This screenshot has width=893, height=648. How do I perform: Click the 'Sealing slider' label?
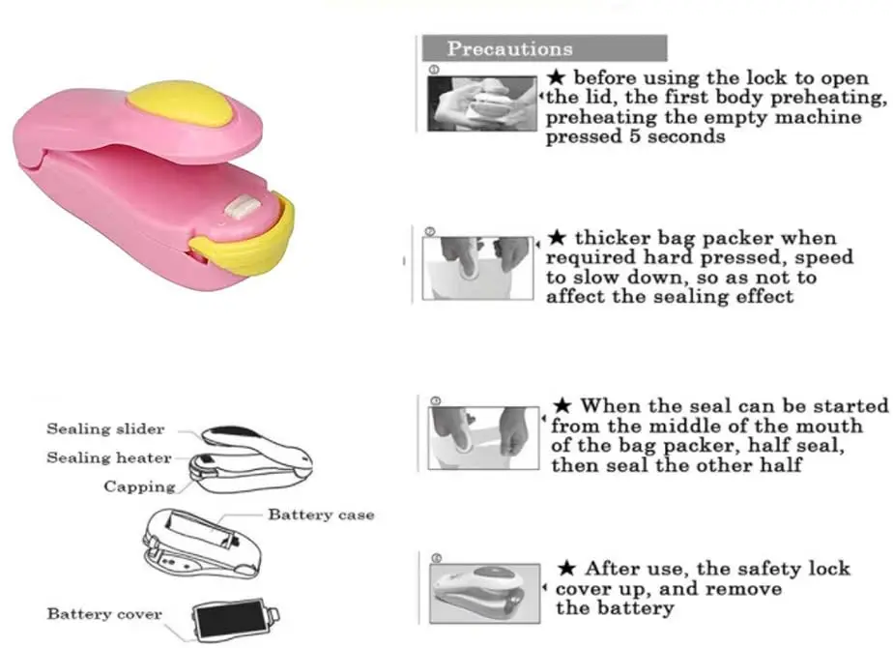pyautogui.click(x=105, y=428)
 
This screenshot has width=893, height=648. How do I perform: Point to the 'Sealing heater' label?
pyautogui.click(x=108, y=457)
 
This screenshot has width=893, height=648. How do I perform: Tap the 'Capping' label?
pyautogui.click(x=140, y=486)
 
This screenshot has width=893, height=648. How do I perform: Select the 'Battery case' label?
pyautogui.click(x=321, y=515)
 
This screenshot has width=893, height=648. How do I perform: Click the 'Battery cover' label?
pyautogui.click(x=104, y=613)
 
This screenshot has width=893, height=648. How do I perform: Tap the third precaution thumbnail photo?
pyautogui.click(x=481, y=436)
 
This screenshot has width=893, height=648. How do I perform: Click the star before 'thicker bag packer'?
pyautogui.click(x=558, y=238)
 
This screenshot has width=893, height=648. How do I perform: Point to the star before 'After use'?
pyautogui.click(x=567, y=569)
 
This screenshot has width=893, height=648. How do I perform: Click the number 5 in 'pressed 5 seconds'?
pyautogui.click(x=635, y=136)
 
